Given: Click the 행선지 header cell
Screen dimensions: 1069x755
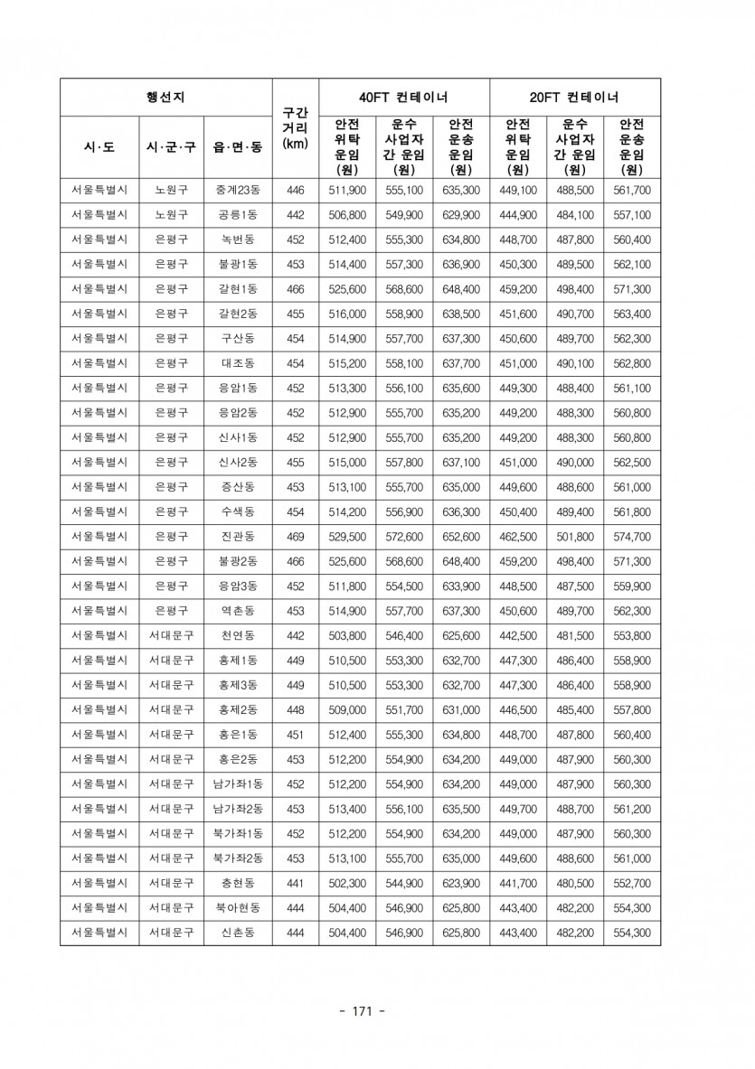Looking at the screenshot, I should tap(165, 97).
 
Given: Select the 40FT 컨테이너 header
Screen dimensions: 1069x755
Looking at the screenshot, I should tap(404, 97).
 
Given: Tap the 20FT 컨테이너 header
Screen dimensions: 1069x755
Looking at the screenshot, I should tap(575, 97).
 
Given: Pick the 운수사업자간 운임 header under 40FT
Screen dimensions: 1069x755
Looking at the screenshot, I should tap(404, 146).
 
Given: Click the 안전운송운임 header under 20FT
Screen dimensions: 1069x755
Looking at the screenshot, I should tap(632, 146).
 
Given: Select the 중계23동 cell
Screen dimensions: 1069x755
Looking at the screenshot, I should tap(238, 191).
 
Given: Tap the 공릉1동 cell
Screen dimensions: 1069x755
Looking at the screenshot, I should tap(238, 215).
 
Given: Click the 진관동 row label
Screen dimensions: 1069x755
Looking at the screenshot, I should tap(238, 537).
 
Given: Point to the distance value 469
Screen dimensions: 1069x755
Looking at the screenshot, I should tap(296, 537).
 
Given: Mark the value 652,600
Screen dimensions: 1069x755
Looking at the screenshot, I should tap(461, 537).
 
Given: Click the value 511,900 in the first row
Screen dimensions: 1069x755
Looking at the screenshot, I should tap(347, 191).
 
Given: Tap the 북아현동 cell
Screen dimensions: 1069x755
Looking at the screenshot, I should tap(238, 907).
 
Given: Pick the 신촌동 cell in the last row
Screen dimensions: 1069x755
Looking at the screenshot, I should tap(238, 933).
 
